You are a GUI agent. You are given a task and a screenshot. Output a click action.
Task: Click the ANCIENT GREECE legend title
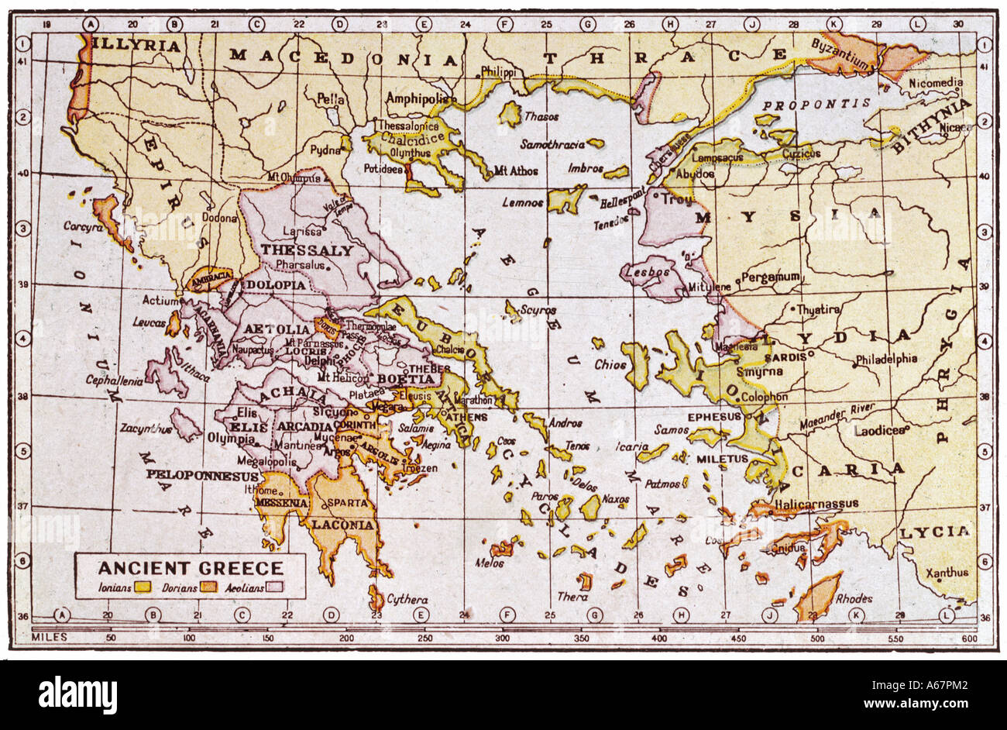click(x=190, y=566)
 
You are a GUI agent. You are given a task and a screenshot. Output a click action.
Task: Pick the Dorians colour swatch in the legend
click(x=210, y=587)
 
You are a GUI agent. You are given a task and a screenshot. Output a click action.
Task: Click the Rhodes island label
click(x=854, y=597)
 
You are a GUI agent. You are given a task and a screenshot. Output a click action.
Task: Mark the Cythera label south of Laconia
click(x=407, y=599)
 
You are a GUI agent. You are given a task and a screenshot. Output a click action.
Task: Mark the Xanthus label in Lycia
click(x=947, y=573)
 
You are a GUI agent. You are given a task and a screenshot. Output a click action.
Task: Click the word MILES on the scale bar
click(x=49, y=637)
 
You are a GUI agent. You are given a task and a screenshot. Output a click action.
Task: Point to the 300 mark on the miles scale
click(x=502, y=637)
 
